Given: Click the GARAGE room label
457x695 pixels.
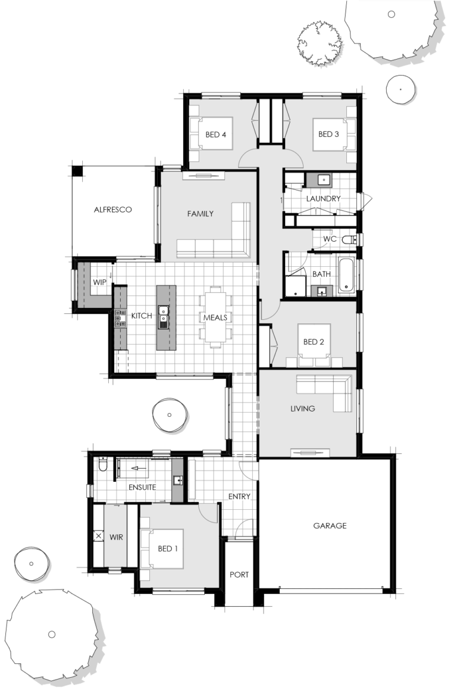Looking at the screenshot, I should (330, 525).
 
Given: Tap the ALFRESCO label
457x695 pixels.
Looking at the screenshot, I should (112, 210).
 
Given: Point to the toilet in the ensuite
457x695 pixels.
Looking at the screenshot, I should (102, 464).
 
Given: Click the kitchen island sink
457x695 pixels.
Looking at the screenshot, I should (164, 317).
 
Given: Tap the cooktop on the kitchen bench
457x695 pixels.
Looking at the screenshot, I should (120, 319).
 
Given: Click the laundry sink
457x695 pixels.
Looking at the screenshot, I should (323, 179).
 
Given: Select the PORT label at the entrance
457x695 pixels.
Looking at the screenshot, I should (239, 575).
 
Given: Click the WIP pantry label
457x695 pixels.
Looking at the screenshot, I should (99, 282).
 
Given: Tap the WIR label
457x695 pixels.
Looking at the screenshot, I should (116, 537).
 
